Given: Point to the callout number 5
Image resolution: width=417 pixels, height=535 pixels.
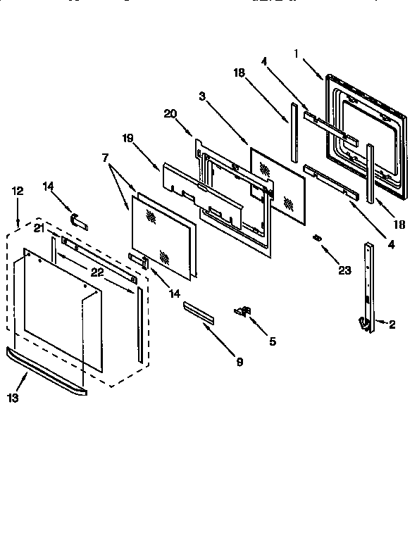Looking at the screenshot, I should [272, 342].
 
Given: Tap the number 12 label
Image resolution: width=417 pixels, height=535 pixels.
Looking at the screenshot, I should [18, 191].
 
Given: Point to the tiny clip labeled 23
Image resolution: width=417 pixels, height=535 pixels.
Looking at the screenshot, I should [318, 238].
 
